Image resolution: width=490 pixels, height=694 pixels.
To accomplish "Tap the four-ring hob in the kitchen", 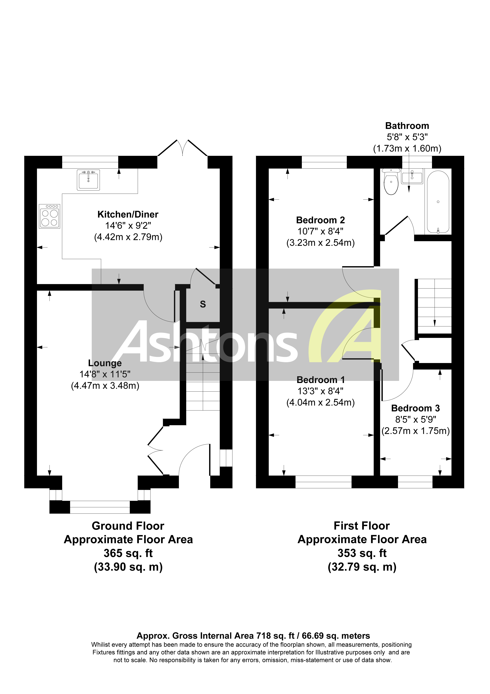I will (x=50, y=216).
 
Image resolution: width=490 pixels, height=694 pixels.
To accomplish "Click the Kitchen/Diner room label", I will (x=128, y=214).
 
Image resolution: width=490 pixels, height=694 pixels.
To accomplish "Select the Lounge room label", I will (x=105, y=363).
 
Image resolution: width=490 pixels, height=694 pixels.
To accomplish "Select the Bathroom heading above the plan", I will (x=407, y=126).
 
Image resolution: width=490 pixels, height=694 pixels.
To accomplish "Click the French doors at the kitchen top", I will (x=182, y=148).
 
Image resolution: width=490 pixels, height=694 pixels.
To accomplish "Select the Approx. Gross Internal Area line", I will (x=253, y=636).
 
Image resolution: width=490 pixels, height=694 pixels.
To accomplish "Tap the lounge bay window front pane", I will (x=100, y=507).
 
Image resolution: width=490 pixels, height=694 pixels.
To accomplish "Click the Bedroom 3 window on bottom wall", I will (x=415, y=482).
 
